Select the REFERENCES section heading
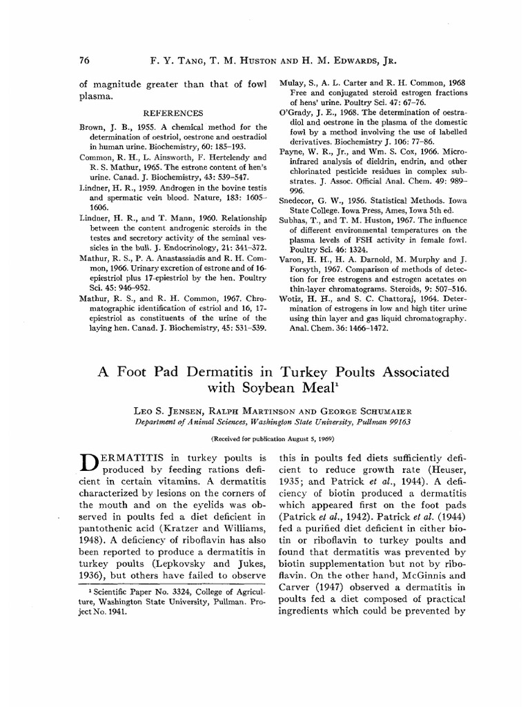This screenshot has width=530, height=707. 172,113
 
